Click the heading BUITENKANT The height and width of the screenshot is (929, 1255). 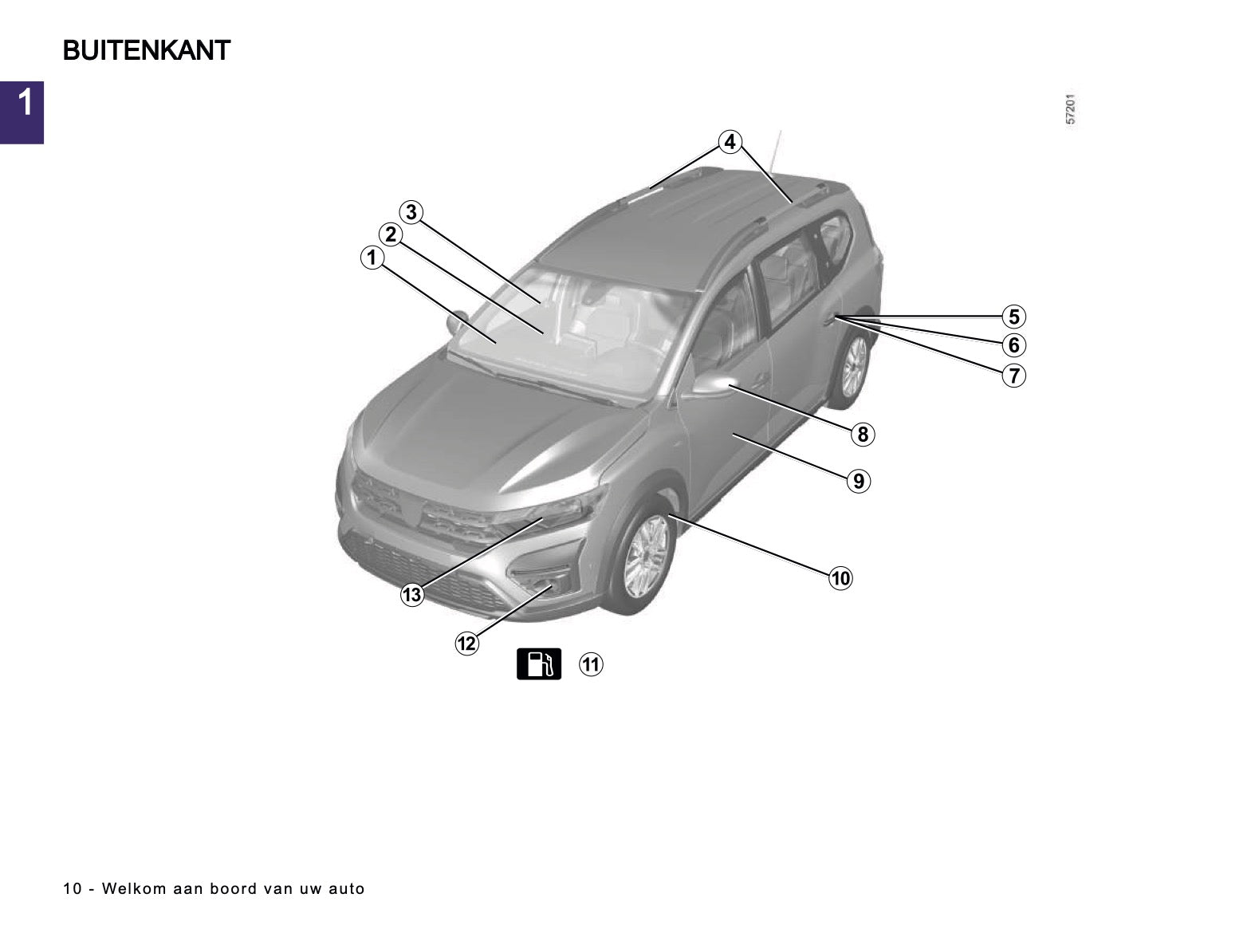click(x=147, y=50)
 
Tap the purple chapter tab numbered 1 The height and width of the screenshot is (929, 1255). click(x=22, y=112)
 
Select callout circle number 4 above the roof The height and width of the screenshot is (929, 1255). click(x=730, y=141)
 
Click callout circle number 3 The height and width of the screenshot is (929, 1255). click(x=411, y=212)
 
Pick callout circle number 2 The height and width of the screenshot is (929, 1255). click(x=391, y=234)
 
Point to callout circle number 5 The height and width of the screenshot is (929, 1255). click(x=1014, y=317)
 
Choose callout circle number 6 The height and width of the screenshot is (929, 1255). click(x=1014, y=344)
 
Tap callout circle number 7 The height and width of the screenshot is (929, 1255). click(x=1014, y=376)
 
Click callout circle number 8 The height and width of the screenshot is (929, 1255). click(x=863, y=435)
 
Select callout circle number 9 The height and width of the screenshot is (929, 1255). click(x=859, y=481)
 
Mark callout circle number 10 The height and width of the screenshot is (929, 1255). click(x=841, y=578)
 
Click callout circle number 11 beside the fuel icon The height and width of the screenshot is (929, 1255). click(x=591, y=664)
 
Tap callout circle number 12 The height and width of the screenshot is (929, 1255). click(x=466, y=644)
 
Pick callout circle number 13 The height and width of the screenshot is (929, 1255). click(x=412, y=595)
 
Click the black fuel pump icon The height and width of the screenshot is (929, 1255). click(x=539, y=663)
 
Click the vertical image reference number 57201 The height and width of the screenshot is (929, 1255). click(x=1070, y=108)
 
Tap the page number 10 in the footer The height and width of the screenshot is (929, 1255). click(x=73, y=889)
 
